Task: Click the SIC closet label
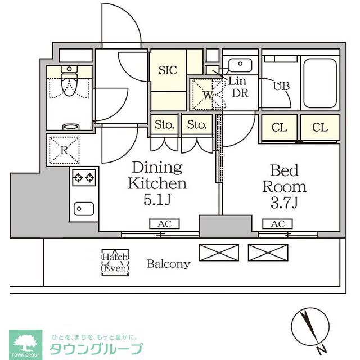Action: (x=168, y=70)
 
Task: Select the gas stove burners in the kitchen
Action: (x=83, y=178)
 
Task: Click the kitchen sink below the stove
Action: (x=84, y=208)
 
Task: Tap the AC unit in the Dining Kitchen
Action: (x=164, y=224)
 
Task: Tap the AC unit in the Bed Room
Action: (x=278, y=224)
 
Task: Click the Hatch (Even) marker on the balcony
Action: (x=115, y=263)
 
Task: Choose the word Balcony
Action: (x=169, y=263)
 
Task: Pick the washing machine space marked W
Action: (x=206, y=94)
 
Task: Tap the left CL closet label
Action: (x=280, y=128)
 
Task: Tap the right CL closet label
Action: (x=320, y=128)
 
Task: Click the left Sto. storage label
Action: (x=164, y=124)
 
